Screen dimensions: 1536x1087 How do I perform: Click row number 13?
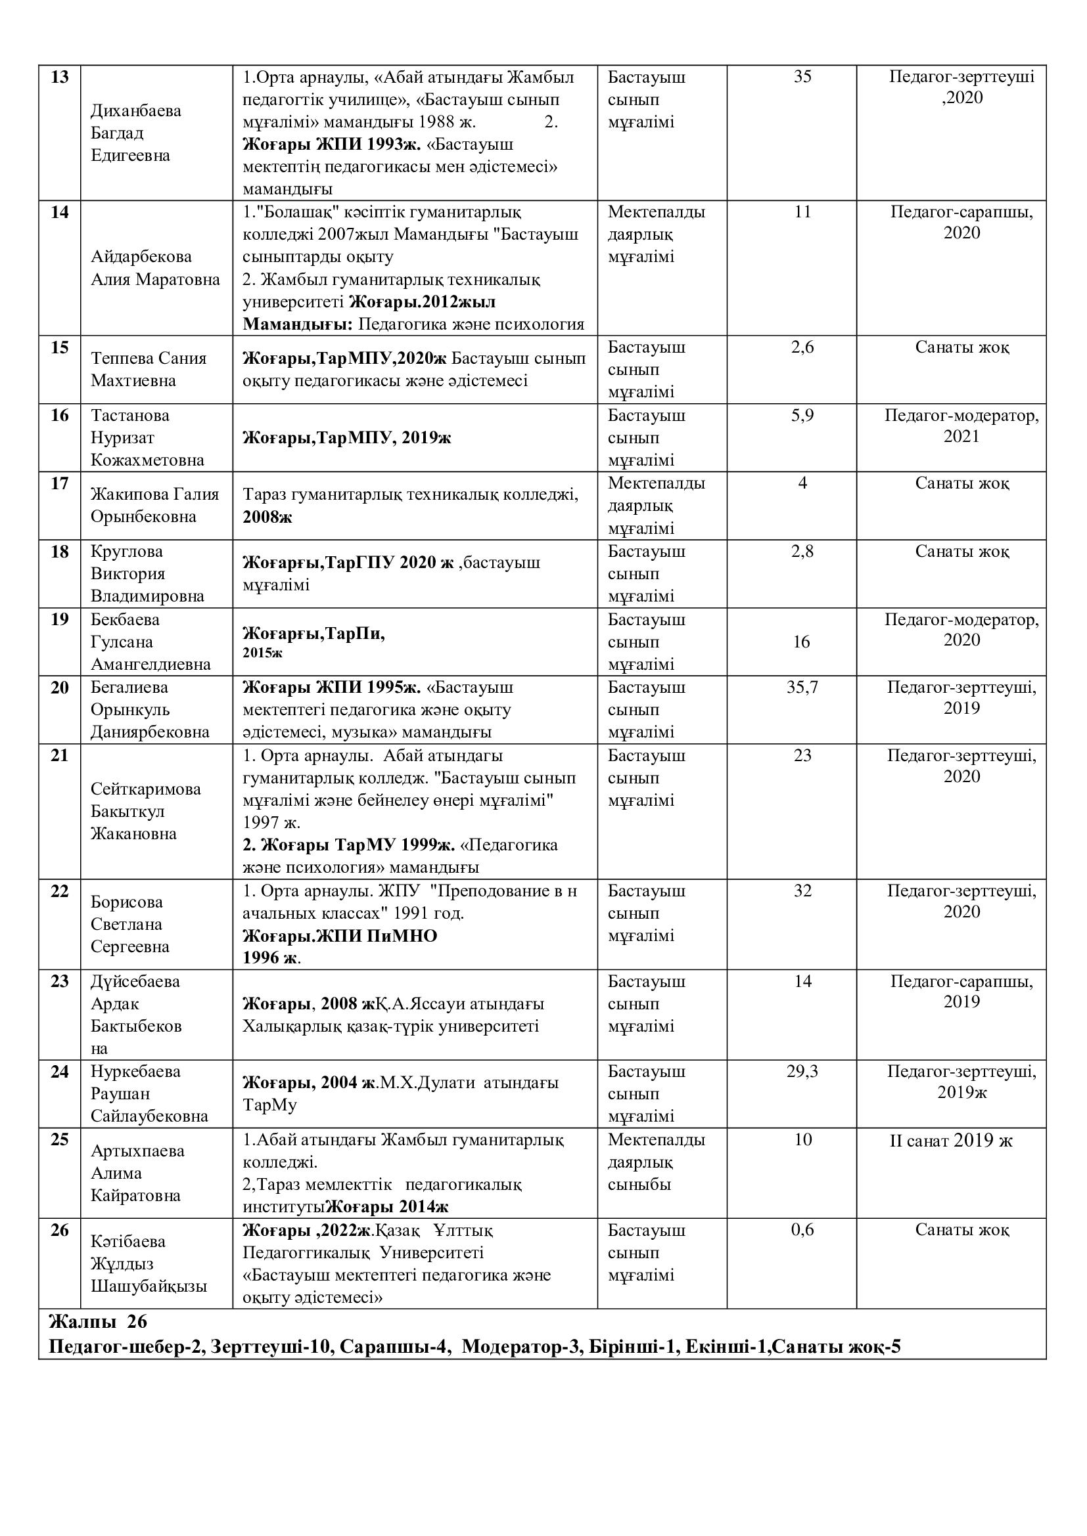point(60,77)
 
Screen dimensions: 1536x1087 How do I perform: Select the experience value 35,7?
point(802,687)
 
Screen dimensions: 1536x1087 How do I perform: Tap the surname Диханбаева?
point(136,110)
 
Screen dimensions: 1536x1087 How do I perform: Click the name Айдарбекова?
point(141,257)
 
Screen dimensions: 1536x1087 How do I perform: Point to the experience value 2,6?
point(802,347)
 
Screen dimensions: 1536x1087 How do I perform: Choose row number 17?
point(60,483)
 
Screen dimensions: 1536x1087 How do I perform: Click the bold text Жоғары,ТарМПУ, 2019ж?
point(347,438)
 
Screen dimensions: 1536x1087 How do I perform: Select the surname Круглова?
point(126,551)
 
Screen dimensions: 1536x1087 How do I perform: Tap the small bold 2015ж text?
point(262,652)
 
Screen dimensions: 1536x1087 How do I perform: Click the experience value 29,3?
point(802,1071)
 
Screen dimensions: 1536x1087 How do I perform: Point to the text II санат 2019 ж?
point(950,1140)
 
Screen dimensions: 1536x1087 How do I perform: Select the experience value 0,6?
point(802,1229)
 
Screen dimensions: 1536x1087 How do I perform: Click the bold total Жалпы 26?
point(98,1322)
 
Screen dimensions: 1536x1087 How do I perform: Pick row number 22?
point(60,891)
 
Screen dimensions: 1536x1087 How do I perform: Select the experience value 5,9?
point(802,416)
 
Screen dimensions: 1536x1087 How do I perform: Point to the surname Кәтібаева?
point(128,1241)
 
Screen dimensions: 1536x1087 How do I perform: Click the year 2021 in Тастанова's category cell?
point(961,436)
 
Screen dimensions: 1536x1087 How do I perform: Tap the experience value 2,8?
point(802,551)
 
